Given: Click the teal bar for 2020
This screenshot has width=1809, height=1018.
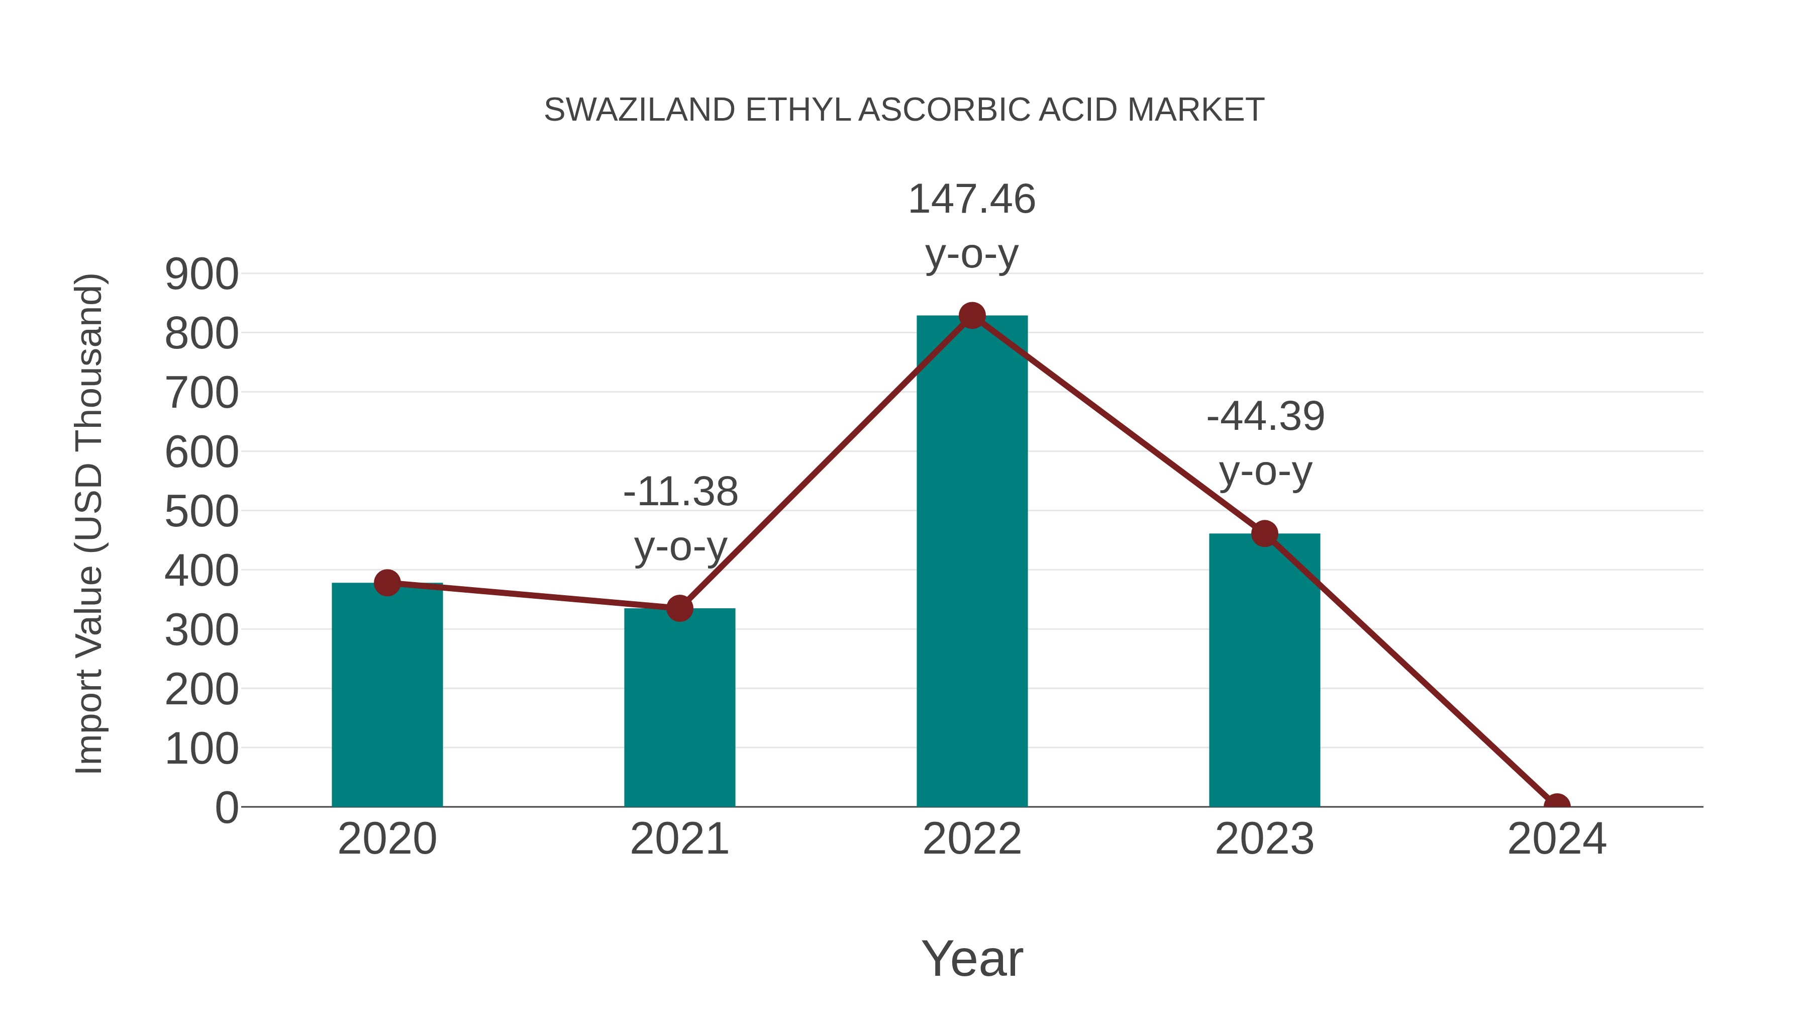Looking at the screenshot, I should click(387, 696).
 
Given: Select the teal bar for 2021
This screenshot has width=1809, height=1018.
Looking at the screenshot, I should click(679, 708).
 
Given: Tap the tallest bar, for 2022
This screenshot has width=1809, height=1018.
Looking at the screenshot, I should click(972, 562).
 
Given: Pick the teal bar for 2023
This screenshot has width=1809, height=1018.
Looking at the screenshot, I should click(1264, 671).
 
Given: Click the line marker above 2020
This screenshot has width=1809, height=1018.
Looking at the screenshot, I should click(387, 583).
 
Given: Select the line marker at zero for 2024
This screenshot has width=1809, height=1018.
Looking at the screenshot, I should click(1556, 805).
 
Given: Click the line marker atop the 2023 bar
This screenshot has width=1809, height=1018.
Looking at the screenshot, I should click(1264, 534).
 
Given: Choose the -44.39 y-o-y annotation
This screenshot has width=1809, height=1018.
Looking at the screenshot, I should click(1265, 443).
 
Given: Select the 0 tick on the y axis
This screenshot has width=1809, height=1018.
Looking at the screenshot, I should click(226, 808).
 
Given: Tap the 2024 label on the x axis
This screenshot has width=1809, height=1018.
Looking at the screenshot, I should click(1556, 839).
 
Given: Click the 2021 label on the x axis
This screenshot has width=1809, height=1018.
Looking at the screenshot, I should click(679, 839).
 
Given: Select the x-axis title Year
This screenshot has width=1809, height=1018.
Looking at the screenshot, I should click(972, 958).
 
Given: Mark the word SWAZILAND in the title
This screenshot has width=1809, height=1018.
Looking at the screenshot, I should click(639, 110).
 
